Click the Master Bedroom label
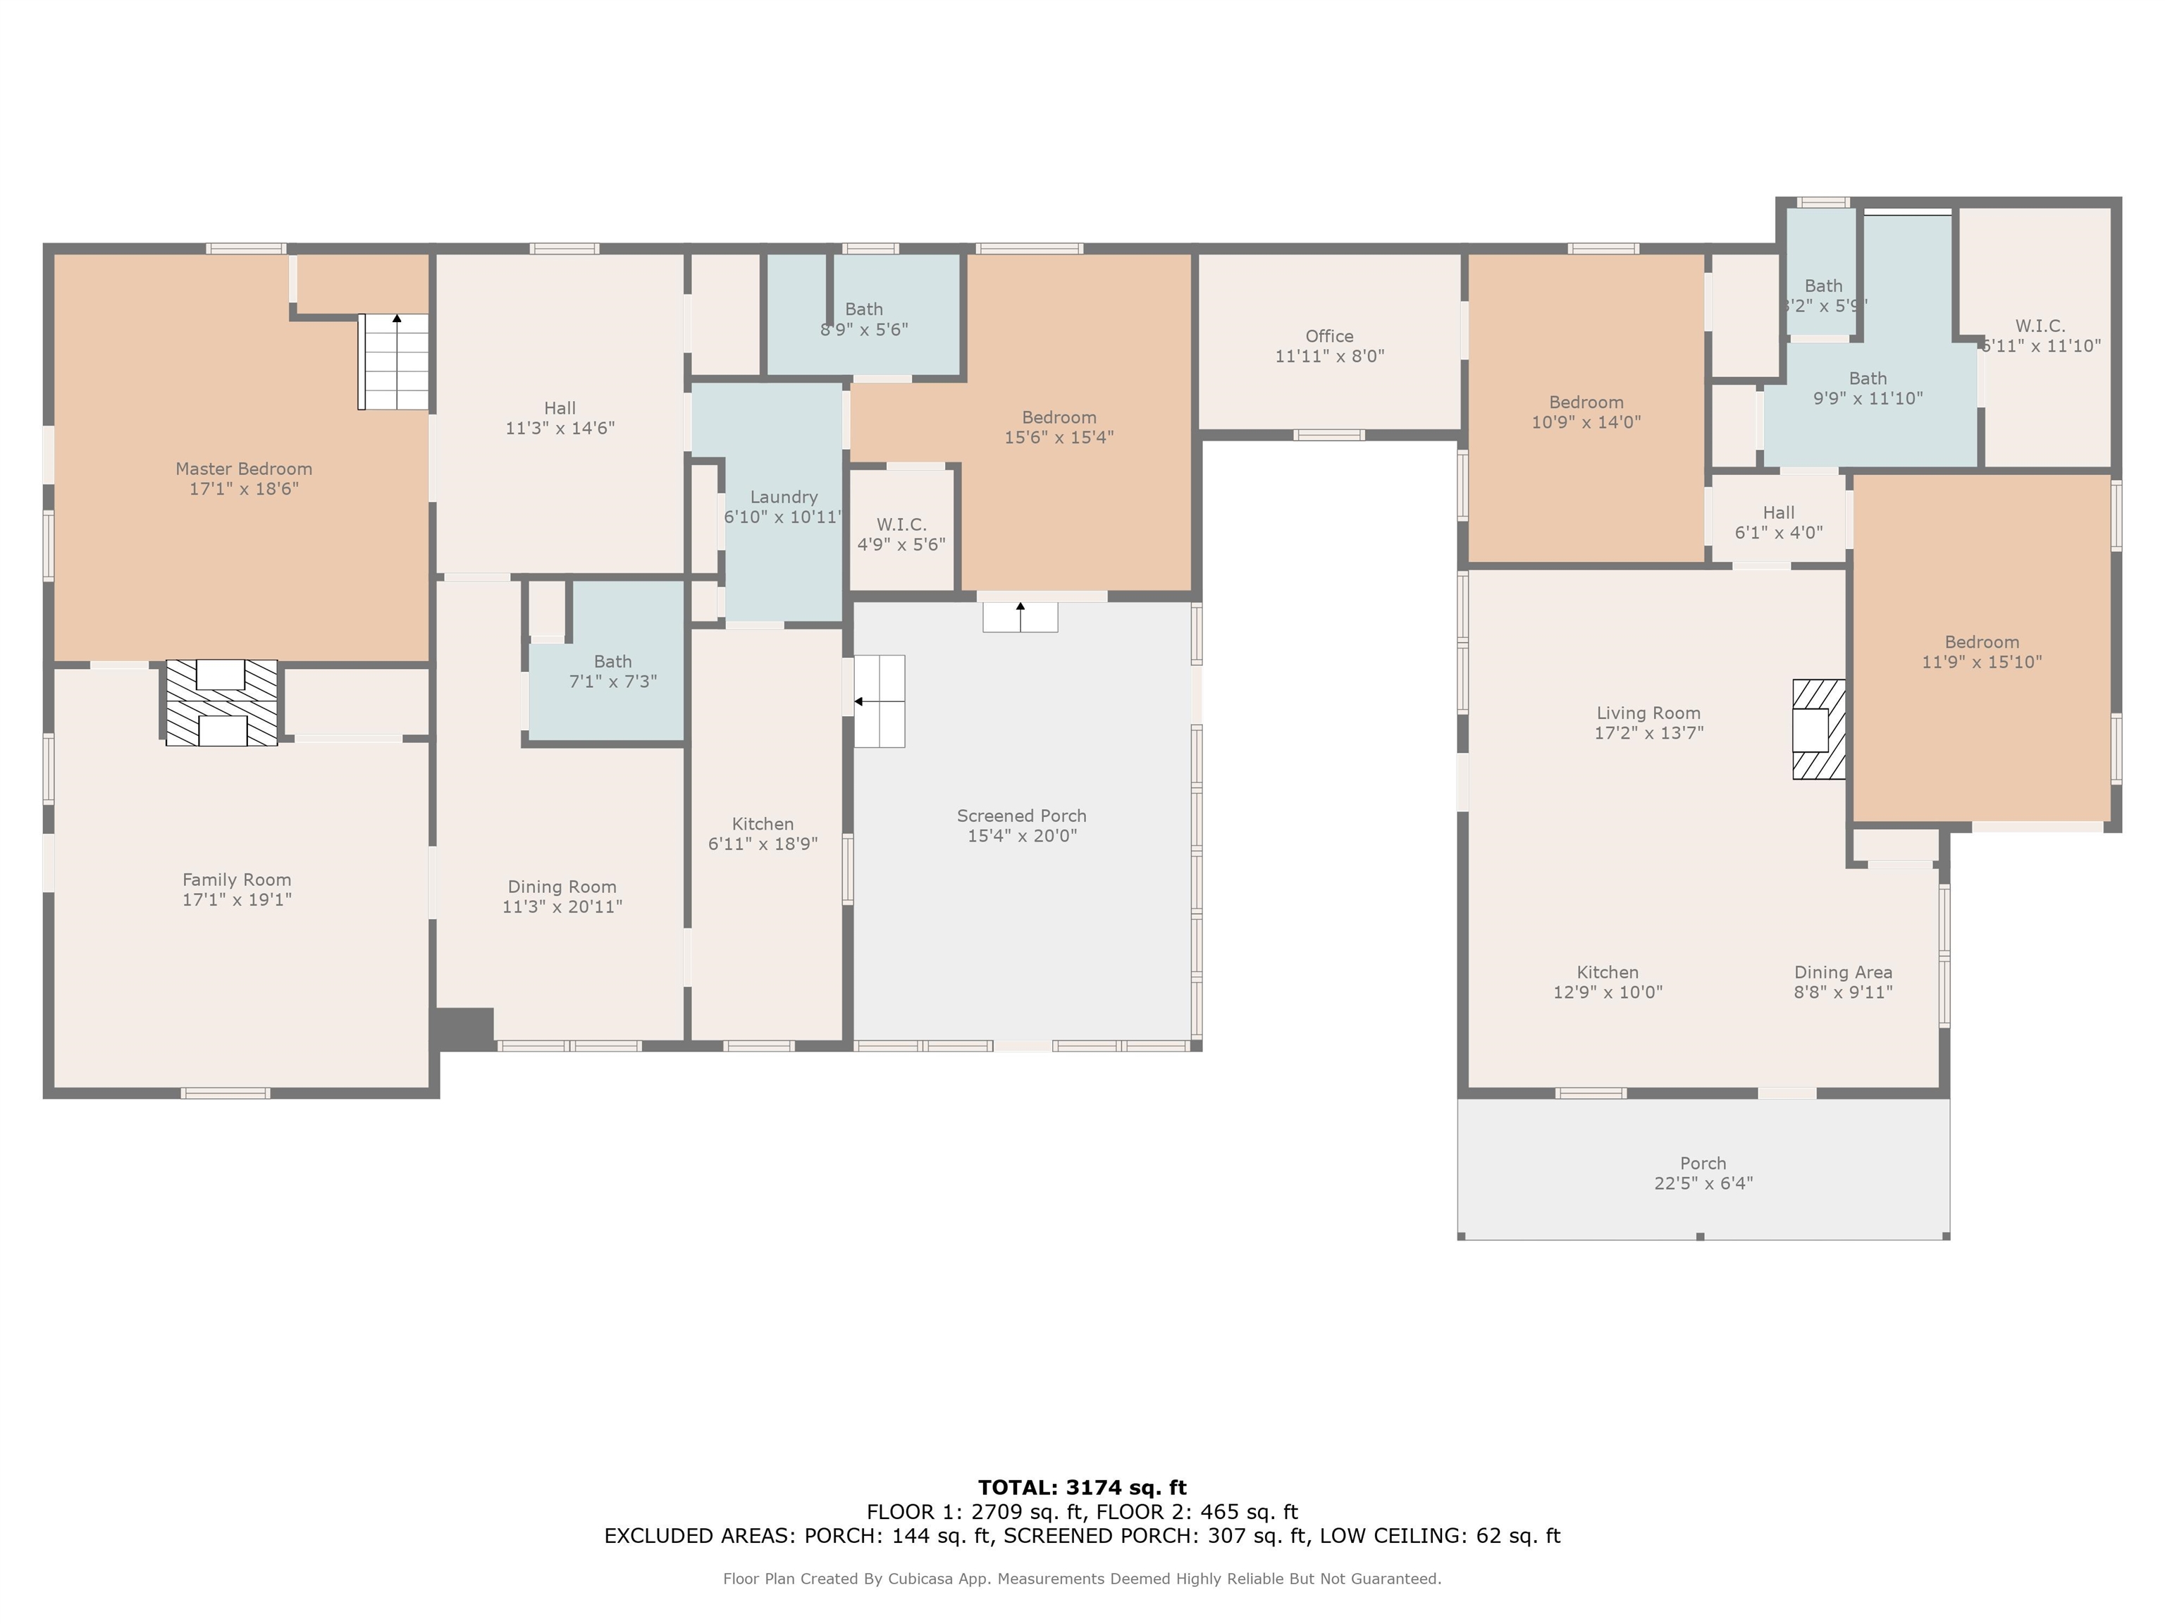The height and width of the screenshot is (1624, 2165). [244, 469]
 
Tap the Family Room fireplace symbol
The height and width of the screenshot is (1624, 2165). [221, 703]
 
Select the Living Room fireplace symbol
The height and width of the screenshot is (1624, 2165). [1818, 730]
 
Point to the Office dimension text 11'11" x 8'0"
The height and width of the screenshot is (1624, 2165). [1329, 357]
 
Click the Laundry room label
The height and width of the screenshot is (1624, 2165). [783, 498]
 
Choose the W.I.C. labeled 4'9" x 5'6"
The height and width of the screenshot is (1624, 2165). [901, 534]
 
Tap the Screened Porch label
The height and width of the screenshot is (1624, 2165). [1022, 816]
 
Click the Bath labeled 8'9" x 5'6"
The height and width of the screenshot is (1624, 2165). [863, 319]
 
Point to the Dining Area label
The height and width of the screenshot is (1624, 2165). [1843, 972]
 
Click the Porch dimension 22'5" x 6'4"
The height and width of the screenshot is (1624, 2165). [1703, 1183]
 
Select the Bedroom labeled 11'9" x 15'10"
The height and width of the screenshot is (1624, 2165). [1981, 652]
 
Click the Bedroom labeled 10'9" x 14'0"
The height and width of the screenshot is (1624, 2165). [1586, 412]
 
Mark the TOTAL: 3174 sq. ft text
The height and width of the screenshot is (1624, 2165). [1082, 1488]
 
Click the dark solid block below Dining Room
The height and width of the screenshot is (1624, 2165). [464, 1029]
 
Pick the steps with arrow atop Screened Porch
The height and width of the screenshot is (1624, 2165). [1020, 617]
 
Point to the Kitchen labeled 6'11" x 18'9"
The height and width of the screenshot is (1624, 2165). [763, 834]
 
